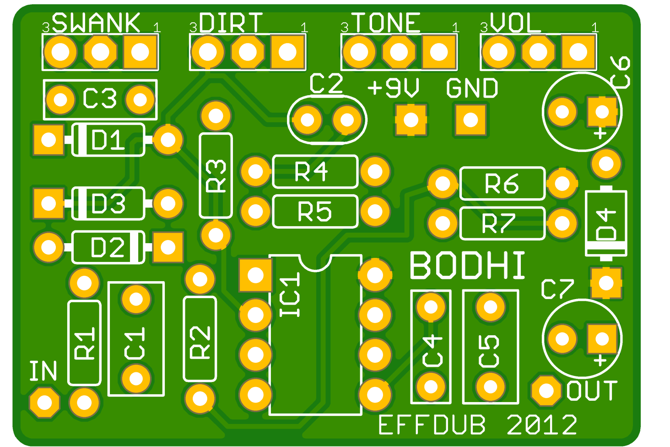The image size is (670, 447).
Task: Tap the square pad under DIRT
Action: (x=287, y=52)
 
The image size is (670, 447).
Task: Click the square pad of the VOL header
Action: (x=578, y=52)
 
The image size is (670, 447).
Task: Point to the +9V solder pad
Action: (x=411, y=120)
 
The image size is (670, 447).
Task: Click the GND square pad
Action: (x=471, y=120)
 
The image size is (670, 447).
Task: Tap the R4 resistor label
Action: (x=311, y=172)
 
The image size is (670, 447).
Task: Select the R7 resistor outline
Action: (x=502, y=223)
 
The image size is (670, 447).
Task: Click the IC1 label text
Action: (x=291, y=295)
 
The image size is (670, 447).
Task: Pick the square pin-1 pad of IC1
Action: (x=255, y=275)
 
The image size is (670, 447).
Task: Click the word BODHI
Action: (x=467, y=266)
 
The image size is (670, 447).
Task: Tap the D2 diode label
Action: (x=108, y=248)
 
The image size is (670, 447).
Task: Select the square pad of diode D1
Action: (x=48, y=140)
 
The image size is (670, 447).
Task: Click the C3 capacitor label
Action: (x=100, y=99)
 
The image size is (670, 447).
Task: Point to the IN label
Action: (x=43, y=371)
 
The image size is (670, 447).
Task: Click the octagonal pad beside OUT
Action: (x=546, y=391)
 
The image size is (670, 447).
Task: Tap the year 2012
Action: (x=542, y=425)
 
